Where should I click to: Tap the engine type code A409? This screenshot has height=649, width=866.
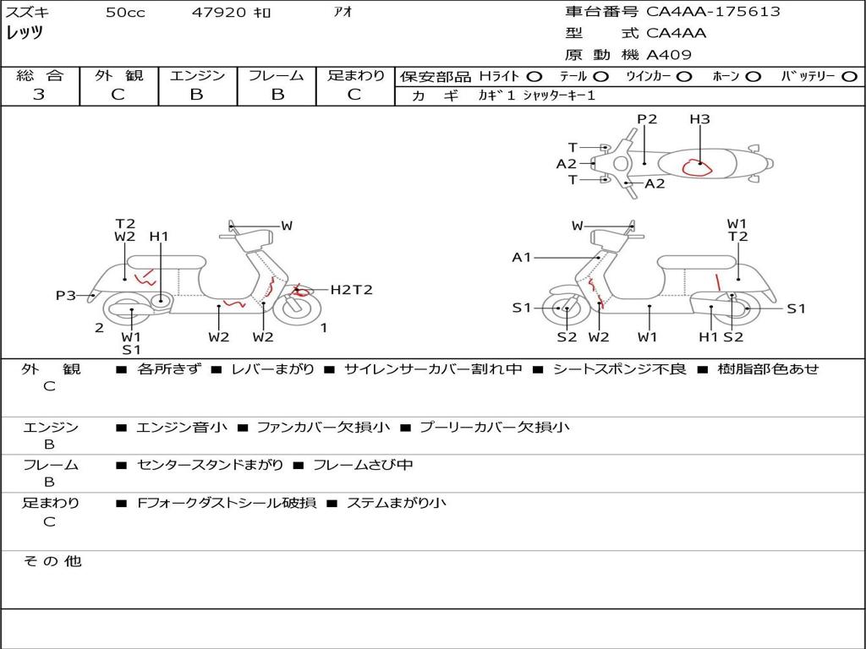click(x=669, y=55)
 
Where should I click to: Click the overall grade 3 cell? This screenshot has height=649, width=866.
click(x=39, y=95)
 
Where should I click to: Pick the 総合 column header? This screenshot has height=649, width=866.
click(x=39, y=75)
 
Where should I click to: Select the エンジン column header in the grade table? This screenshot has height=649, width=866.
click(x=197, y=75)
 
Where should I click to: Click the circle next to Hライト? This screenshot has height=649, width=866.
click(x=534, y=76)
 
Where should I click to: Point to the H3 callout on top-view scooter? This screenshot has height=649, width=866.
click(x=699, y=119)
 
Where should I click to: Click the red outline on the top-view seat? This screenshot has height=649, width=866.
click(x=697, y=166)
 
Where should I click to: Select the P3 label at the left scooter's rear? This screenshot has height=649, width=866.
click(x=66, y=295)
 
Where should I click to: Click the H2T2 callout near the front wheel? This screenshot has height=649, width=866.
click(x=351, y=290)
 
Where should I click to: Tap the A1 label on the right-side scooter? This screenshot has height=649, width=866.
click(x=522, y=257)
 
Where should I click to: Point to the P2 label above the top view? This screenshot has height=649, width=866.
click(x=647, y=119)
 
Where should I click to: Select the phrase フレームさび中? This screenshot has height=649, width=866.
click(x=363, y=465)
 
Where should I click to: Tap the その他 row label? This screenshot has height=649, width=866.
click(x=52, y=561)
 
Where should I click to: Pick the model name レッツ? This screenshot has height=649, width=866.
click(x=25, y=33)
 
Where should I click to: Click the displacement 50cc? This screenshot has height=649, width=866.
click(x=125, y=13)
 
